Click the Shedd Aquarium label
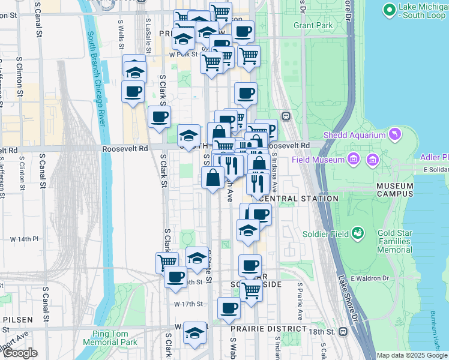click(354, 135)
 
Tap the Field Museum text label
click(318, 160)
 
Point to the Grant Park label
click(313, 26)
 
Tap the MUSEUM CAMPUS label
click(395, 190)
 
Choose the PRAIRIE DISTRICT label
click(268, 329)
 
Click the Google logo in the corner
click(20, 353)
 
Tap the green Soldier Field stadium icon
click(358, 232)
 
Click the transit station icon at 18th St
click(343, 331)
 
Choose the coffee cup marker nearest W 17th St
click(228, 308)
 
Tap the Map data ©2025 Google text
click(411, 355)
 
